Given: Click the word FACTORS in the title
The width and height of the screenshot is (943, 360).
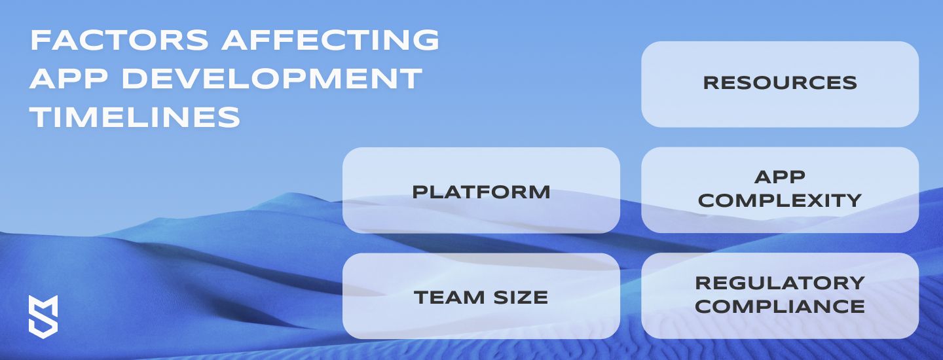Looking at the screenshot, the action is [120, 40].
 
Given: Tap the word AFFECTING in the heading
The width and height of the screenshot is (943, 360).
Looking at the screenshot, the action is [331, 40].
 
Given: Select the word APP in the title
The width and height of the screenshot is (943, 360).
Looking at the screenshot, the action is [68, 79].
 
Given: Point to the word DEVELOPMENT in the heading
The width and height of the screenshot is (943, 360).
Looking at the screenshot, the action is [272, 79].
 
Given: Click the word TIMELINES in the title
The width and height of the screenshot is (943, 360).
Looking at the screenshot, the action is [135, 117].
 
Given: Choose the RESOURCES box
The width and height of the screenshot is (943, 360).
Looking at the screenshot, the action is [780, 84].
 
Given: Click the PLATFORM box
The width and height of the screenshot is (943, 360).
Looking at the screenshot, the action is [481, 190].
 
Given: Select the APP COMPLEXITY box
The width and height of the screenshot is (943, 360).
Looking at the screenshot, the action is [780, 190].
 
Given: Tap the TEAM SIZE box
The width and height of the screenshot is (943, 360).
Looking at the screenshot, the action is [481, 296].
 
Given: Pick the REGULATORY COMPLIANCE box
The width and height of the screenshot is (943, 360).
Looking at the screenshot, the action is [780, 296].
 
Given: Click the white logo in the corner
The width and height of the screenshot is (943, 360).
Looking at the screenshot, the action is [43, 317].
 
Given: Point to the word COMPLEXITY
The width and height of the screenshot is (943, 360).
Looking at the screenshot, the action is [780, 200].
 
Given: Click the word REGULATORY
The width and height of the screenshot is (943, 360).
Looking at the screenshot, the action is [780, 283].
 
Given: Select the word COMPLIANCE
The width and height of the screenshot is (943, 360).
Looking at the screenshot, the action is [780, 306].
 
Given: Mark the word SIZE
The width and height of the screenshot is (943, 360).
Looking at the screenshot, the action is [521, 297].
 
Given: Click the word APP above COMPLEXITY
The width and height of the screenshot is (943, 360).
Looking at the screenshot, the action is [780, 177].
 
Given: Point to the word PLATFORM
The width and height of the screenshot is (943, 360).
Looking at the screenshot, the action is [481, 192].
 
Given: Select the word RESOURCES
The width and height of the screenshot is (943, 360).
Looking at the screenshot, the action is [780, 82].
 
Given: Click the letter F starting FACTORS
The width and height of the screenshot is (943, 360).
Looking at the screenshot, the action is [39, 40].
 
